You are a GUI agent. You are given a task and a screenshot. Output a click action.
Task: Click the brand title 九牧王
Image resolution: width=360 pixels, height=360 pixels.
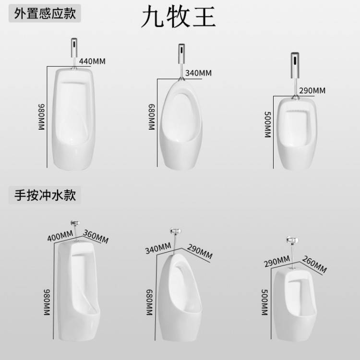[x=179, y=16]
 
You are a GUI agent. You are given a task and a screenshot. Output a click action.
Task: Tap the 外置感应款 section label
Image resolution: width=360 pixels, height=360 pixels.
[x=45, y=13]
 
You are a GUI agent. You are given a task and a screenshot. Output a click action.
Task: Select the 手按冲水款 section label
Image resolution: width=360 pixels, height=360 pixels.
[x=45, y=195]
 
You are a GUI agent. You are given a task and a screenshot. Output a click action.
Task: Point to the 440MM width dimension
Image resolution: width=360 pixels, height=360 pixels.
[x=92, y=61]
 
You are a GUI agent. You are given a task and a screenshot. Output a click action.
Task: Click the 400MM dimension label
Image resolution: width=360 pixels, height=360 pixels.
[x=60, y=236]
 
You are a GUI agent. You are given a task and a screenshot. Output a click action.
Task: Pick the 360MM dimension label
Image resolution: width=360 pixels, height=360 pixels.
[x=96, y=236]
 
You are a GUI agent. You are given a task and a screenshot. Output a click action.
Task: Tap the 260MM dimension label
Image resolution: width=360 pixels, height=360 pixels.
[x=314, y=264]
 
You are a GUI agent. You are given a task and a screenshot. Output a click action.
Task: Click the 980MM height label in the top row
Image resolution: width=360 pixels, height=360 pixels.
[x=42, y=117]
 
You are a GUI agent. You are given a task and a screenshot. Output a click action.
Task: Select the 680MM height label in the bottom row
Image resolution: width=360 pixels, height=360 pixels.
[x=149, y=302]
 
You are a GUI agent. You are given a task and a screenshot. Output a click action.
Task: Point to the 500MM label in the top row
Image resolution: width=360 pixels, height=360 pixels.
[x=268, y=125]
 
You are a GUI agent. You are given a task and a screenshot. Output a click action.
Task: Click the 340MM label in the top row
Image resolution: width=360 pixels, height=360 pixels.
[x=198, y=73]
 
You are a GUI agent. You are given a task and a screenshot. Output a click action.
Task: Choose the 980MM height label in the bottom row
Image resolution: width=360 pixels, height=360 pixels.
[x=47, y=302]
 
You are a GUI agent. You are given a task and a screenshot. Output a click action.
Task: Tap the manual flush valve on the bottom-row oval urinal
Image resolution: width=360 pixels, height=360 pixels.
[x=176, y=241]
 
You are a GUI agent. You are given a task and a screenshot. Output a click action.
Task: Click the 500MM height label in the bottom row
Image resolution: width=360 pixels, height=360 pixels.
[x=264, y=302]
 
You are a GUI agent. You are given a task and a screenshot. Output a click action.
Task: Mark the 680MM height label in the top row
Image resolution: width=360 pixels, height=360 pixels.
[x=152, y=117]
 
